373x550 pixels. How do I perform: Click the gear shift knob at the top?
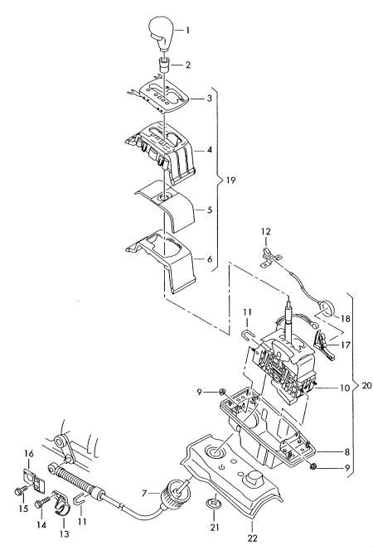[162, 34]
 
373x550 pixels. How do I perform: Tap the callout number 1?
[187, 31]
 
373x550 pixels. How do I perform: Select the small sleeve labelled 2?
[164, 65]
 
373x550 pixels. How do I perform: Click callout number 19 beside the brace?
[230, 181]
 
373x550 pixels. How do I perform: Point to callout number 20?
[366, 386]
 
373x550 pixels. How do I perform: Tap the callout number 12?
[266, 231]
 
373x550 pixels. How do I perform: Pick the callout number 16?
[29, 454]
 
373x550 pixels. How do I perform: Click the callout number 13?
[64, 534]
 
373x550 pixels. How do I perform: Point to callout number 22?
[252, 538]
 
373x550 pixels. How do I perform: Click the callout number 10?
[345, 388]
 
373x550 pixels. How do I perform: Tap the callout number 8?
[347, 451]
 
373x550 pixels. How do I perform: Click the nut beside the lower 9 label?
[314, 466]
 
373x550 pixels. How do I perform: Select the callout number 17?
[346, 345]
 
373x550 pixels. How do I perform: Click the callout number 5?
[210, 210]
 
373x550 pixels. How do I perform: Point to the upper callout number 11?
[247, 311]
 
